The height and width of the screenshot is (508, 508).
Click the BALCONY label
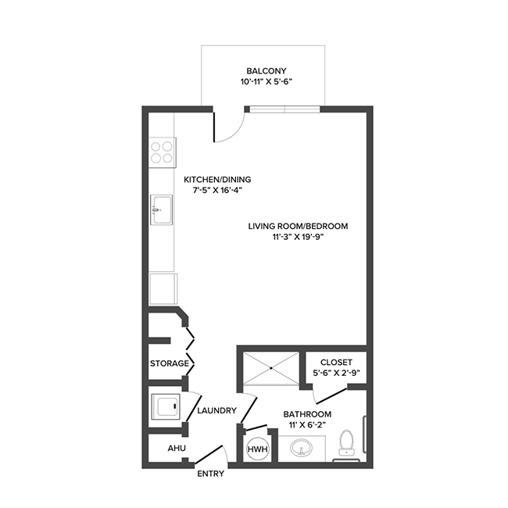point(261,70)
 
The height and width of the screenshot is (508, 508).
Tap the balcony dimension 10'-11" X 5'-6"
point(261,81)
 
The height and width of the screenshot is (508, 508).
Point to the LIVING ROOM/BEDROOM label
point(298,227)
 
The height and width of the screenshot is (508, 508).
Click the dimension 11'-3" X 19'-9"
point(298,238)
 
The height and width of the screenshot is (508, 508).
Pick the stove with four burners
point(163,151)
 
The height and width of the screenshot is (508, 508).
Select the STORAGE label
point(169,363)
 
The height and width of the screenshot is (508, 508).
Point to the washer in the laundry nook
point(166,406)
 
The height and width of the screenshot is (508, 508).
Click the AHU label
point(177,449)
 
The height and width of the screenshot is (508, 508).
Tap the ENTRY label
point(210,474)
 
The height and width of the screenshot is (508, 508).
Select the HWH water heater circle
point(256,449)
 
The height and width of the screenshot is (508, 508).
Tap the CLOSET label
point(336,363)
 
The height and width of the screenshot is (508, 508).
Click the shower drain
point(271,367)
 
